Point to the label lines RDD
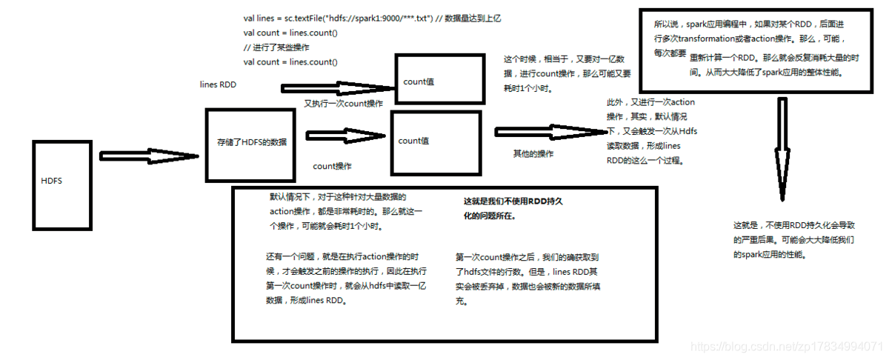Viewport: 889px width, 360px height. click(x=218, y=85)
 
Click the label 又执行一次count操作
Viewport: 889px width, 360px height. click(x=343, y=104)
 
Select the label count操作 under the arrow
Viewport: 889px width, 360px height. click(x=332, y=167)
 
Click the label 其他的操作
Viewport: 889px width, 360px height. click(x=533, y=154)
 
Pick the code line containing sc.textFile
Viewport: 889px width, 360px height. click(x=372, y=18)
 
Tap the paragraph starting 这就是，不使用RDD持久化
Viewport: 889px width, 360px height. click(x=786, y=239)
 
